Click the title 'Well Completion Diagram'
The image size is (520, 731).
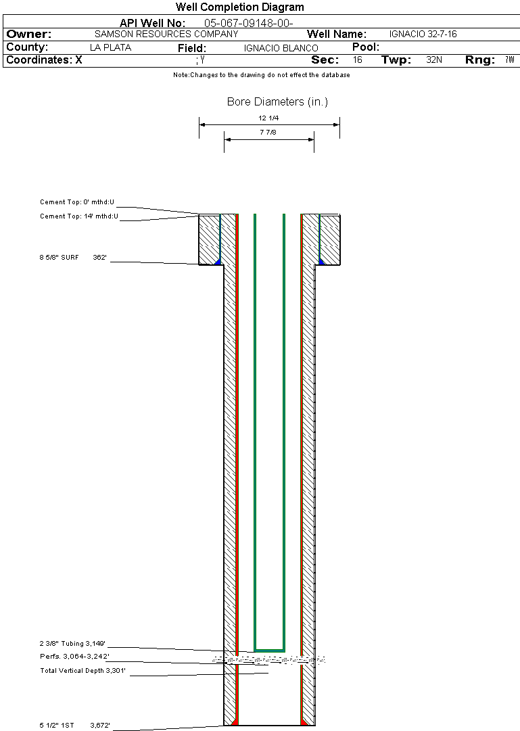point(239,7)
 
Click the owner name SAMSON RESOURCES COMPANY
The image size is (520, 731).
point(166,34)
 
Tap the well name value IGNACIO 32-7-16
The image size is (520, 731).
point(423,34)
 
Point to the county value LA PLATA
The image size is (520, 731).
point(110,48)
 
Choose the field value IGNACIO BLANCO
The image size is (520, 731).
point(281,49)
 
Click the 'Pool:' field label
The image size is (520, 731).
point(366,47)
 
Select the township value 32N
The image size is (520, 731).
point(434,60)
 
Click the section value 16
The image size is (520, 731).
point(358,60)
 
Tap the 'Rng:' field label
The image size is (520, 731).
point(479,60)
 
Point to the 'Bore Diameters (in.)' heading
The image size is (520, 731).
point(277,102)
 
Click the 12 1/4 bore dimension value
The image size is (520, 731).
point(268,118)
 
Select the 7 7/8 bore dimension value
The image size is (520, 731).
point(268,133)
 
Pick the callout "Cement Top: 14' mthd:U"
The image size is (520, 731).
point(79,216)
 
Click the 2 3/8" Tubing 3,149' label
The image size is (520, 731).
point(73,643)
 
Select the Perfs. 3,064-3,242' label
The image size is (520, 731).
point(74,657)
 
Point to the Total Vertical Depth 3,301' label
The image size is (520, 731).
point(83,671)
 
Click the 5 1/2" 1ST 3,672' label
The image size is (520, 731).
point(74,726)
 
